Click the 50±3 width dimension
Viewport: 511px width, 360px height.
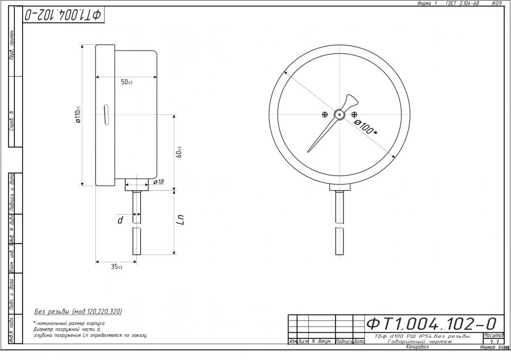126,83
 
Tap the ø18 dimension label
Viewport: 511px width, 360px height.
158,182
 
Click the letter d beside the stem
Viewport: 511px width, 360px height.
120,219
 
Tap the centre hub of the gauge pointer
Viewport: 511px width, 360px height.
339,114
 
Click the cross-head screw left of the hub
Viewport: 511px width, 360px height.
324,115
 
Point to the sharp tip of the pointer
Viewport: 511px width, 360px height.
309,151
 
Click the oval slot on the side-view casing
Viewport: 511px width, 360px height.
105,114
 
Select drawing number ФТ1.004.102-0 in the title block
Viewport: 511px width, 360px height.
432,324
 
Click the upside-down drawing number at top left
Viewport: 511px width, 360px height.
63,15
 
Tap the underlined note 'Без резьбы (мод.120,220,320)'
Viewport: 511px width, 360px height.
78,312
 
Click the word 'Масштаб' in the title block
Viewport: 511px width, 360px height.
493,335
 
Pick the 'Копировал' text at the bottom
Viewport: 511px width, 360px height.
417,346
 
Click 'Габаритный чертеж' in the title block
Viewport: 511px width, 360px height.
420,341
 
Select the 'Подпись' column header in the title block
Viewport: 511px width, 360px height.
345,342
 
